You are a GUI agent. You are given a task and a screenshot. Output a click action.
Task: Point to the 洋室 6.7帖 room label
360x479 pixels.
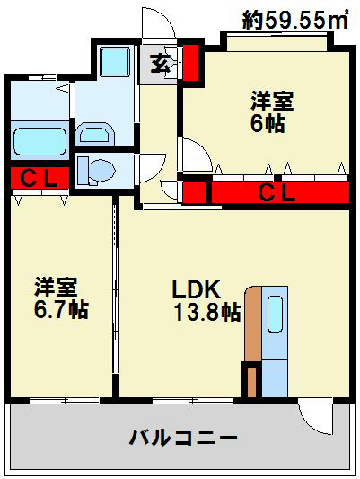pyautogui.click(x=61, y=298)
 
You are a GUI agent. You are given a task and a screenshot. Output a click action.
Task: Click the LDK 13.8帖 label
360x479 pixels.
pyautogui.click(x=206, y=301)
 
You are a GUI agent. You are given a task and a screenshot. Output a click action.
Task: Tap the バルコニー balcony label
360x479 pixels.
pyautogui.click(x=183, y=439)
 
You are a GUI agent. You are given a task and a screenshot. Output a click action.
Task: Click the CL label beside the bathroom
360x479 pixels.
pyautogui.click(x=40, y=179)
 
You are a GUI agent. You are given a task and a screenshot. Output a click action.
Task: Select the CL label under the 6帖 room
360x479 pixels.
pyautogui.click(x=278, y=191)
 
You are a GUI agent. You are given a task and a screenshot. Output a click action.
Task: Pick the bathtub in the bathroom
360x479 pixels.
pyautogui.click(x=40, y=141)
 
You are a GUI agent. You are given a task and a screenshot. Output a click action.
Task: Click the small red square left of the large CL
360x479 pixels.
pyautogui.click(x=195, y=191)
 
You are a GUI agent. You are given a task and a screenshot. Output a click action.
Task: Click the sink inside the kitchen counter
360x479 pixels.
pyautogui.click(x=275, y=315)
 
